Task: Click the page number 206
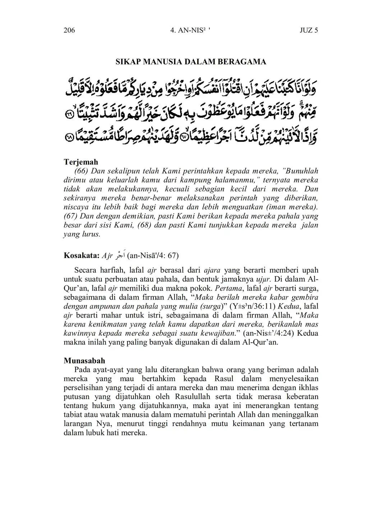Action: (x=69, y=30)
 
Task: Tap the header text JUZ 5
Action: (x=309, y=30)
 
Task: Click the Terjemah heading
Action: (x=81, y=162)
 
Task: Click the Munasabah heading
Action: (x=84, y=360)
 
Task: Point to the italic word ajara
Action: (x=212, y=270)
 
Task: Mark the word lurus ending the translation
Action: (x=91, y=234)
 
